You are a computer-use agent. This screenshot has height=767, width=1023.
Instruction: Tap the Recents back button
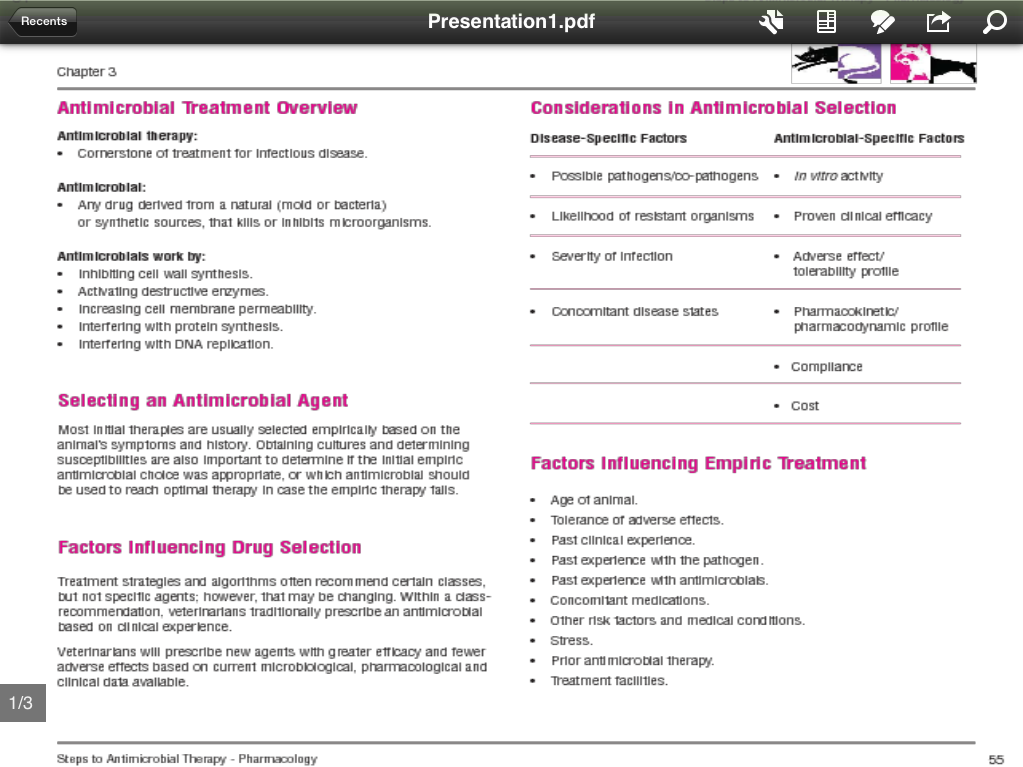(x=43, y=21)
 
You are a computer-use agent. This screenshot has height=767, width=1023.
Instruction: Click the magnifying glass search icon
(x=994, y=22)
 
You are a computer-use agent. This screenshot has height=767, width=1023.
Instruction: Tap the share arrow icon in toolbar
(x=938, y=22)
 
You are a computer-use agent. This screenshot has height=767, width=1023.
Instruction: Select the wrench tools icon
(x=771, y=22)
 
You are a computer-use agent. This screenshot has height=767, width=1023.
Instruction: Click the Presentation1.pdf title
(x=511, y=22)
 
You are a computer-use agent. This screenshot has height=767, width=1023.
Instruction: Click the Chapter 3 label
(x=87, y=72)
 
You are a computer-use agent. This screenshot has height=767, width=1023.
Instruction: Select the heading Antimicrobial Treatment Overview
(x=207, y=108)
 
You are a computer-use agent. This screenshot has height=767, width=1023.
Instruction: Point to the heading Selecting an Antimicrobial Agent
(x=203, y=401)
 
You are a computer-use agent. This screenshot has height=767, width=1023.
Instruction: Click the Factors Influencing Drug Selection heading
(x=209, y=548)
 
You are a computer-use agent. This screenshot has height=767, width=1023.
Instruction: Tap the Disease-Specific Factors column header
(x=608, y=139)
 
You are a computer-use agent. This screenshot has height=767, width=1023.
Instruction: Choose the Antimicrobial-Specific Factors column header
(x=868, y=139)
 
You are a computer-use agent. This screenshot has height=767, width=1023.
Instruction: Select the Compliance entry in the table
(x=826, y=367)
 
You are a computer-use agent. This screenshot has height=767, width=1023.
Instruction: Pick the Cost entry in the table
(x=804, y=406)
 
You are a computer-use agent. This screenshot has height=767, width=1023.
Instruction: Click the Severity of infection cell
(x=611, y=257)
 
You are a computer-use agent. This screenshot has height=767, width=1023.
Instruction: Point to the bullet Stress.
(x=571, y=641)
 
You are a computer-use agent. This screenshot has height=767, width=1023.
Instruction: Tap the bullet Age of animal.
(x=593, y=500)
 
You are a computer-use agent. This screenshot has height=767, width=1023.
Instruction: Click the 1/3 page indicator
(x=21, y=703)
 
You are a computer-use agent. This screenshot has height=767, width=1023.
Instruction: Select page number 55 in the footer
(x=996, y=760)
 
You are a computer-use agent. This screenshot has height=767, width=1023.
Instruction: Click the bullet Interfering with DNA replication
(x=175, y=345)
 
